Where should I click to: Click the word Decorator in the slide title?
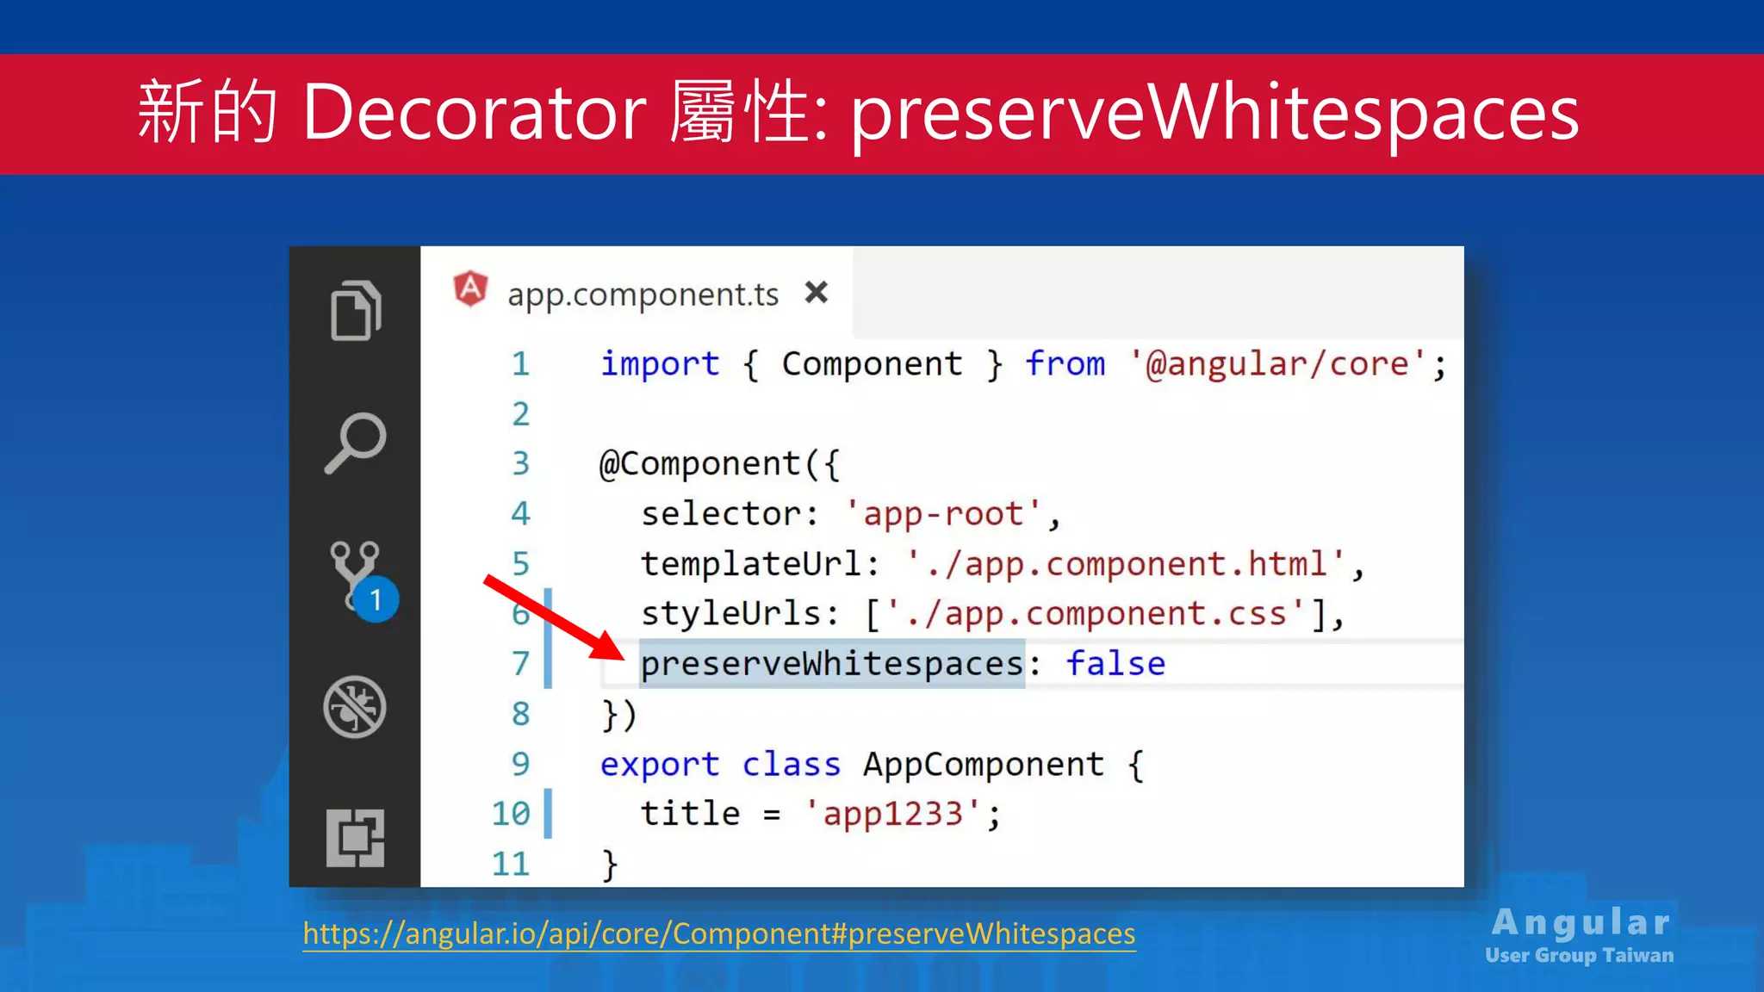(474, 112)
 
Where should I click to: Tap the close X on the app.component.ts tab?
(816, 293)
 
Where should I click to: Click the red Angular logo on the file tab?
(470, 288)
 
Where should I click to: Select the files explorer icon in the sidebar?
(355, 310)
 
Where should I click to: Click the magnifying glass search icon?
(355, 443)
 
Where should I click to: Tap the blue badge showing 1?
(376, 599)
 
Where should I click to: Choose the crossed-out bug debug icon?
(355, 707)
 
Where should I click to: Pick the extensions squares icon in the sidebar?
(355, 838)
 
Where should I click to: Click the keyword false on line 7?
(1115, 664)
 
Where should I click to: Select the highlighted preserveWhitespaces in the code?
(832, 664)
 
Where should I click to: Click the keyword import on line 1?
(660, 364)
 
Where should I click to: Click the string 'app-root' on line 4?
(943, 514)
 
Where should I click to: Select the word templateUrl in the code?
(751, 564)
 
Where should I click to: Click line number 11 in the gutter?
(511, 864)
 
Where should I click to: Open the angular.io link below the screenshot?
(719, 933)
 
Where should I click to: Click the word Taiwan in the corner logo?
(1638, 956)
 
